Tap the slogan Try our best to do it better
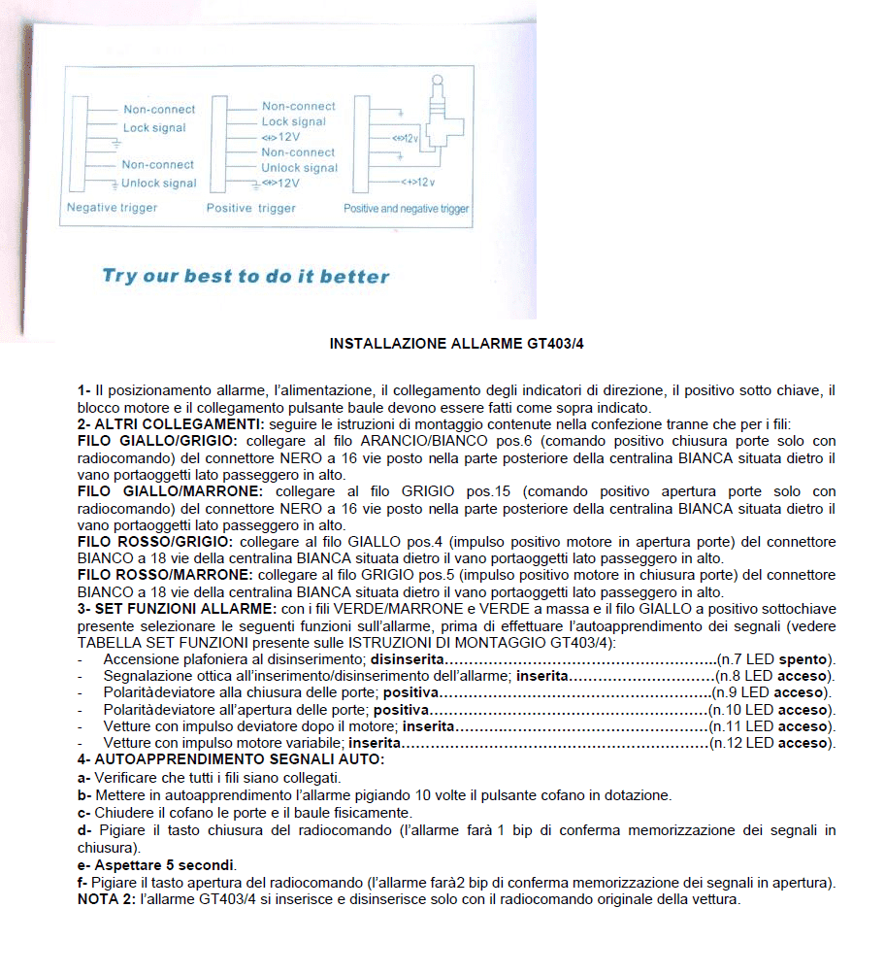click(246, 277)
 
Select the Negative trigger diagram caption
click(112, 208)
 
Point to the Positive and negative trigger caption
click(406, 209)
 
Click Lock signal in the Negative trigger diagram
click(154, 128)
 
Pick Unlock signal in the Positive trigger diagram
click(300, 168)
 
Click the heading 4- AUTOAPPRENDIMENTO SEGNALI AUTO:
click(231, 758)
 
